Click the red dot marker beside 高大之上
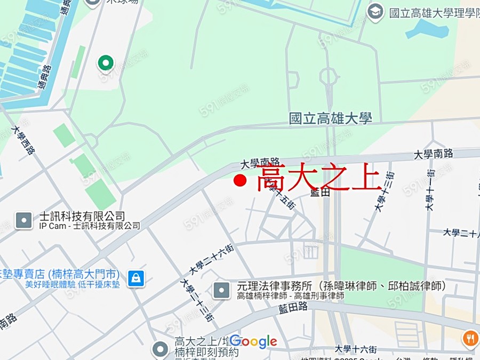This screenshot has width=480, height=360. tap(240, 181)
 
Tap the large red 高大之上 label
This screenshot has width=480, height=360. tap(318, 179)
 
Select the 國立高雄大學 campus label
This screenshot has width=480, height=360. tap(330, 118)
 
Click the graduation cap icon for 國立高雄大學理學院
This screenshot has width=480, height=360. tap(375, 12)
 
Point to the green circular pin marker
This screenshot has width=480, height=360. tap(105, 63)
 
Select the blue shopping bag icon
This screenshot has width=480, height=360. tap(136, 277)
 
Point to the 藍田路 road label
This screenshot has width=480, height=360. tap(293, 307)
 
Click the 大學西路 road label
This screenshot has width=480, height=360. tap(23, 140)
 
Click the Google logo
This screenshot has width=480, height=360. tap(253, 341)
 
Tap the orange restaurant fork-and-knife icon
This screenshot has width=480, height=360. tap(470, 338)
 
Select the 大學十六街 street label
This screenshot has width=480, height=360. tap(355, 349)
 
